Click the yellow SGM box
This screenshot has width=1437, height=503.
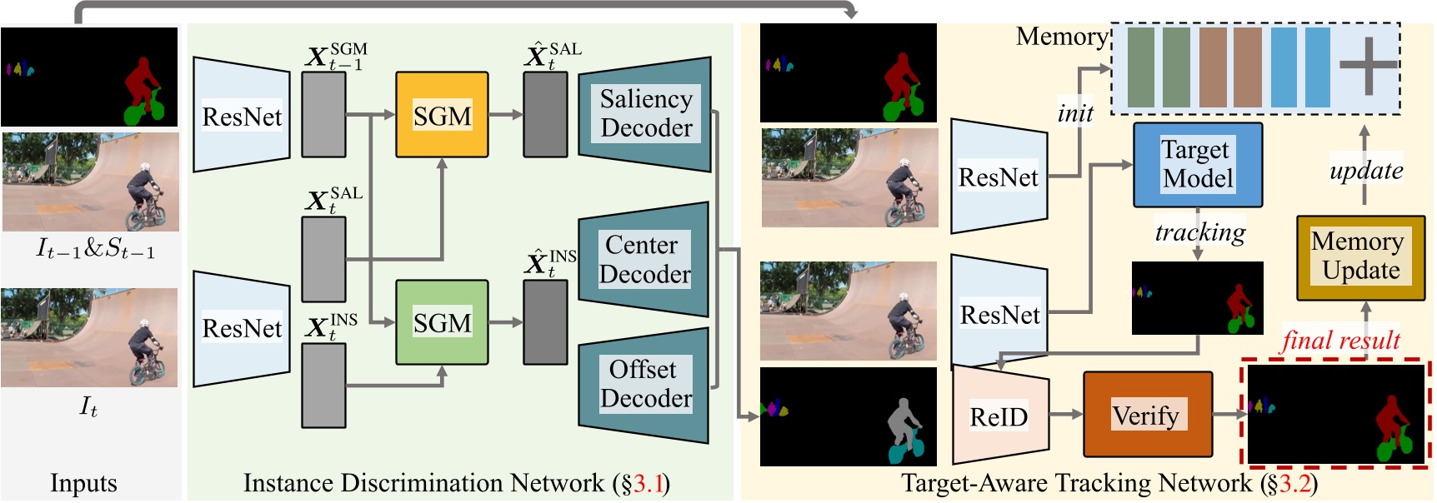[x=442, y=115]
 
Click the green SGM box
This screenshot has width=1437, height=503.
[x=442, y=322]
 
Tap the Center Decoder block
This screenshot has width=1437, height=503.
[x=644, y=259]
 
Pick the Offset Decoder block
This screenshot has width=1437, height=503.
[x=644, y=384]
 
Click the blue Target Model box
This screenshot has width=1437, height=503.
[x=1198, y=164]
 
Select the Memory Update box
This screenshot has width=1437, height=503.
[x=1360, y=256]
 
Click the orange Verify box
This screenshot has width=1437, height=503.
[x=1147, y=415]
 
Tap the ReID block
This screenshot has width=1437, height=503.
[x=999, y=416]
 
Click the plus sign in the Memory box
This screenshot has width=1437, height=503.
[x=1368, y=66]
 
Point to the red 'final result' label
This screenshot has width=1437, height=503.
[x=1340, y=340]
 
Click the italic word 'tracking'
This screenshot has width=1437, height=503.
[x=1199, y=232]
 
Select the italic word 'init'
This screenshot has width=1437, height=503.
[x=1075, y=113]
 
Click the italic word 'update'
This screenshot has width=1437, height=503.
[x=1365, y=171]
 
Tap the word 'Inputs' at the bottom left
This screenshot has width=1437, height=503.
[x=83, y=483]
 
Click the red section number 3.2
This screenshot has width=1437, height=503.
[x=1294, y=483]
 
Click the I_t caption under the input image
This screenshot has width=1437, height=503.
[x=88, y=406]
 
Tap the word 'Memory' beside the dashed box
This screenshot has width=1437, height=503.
[x=1061, y=36]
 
